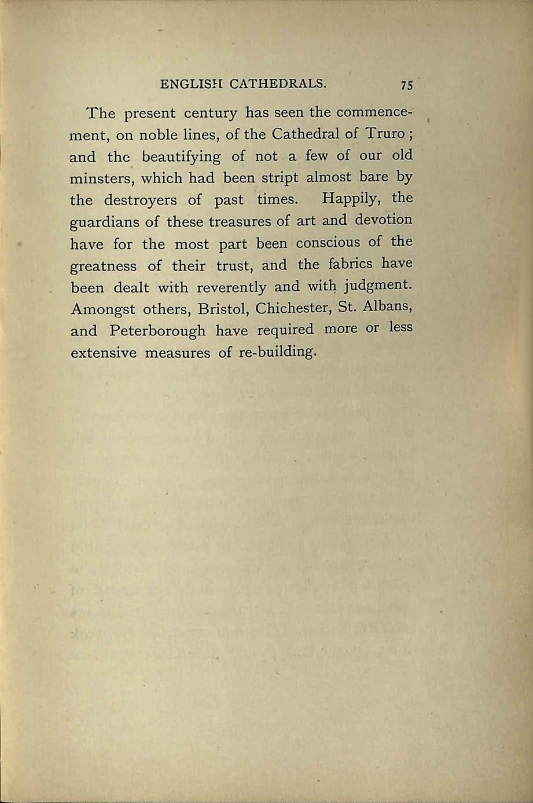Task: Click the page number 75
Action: (406, 85)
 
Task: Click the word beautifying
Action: (181, 156)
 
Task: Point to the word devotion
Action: (384, 220)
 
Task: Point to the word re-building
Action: (277, 352)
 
